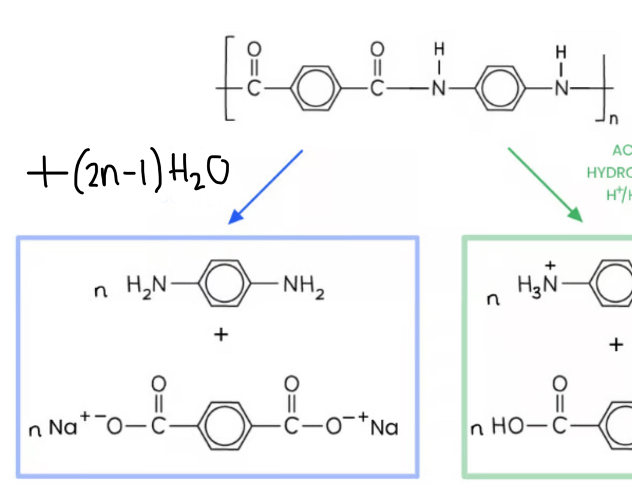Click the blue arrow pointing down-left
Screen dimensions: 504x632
click(266, 187)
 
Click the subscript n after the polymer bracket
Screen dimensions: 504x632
click(613, 120)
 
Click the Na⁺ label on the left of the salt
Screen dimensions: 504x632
click(65, 427)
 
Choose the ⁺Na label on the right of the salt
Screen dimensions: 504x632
click(380, 427)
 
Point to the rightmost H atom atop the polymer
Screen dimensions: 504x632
click(562, 50)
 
